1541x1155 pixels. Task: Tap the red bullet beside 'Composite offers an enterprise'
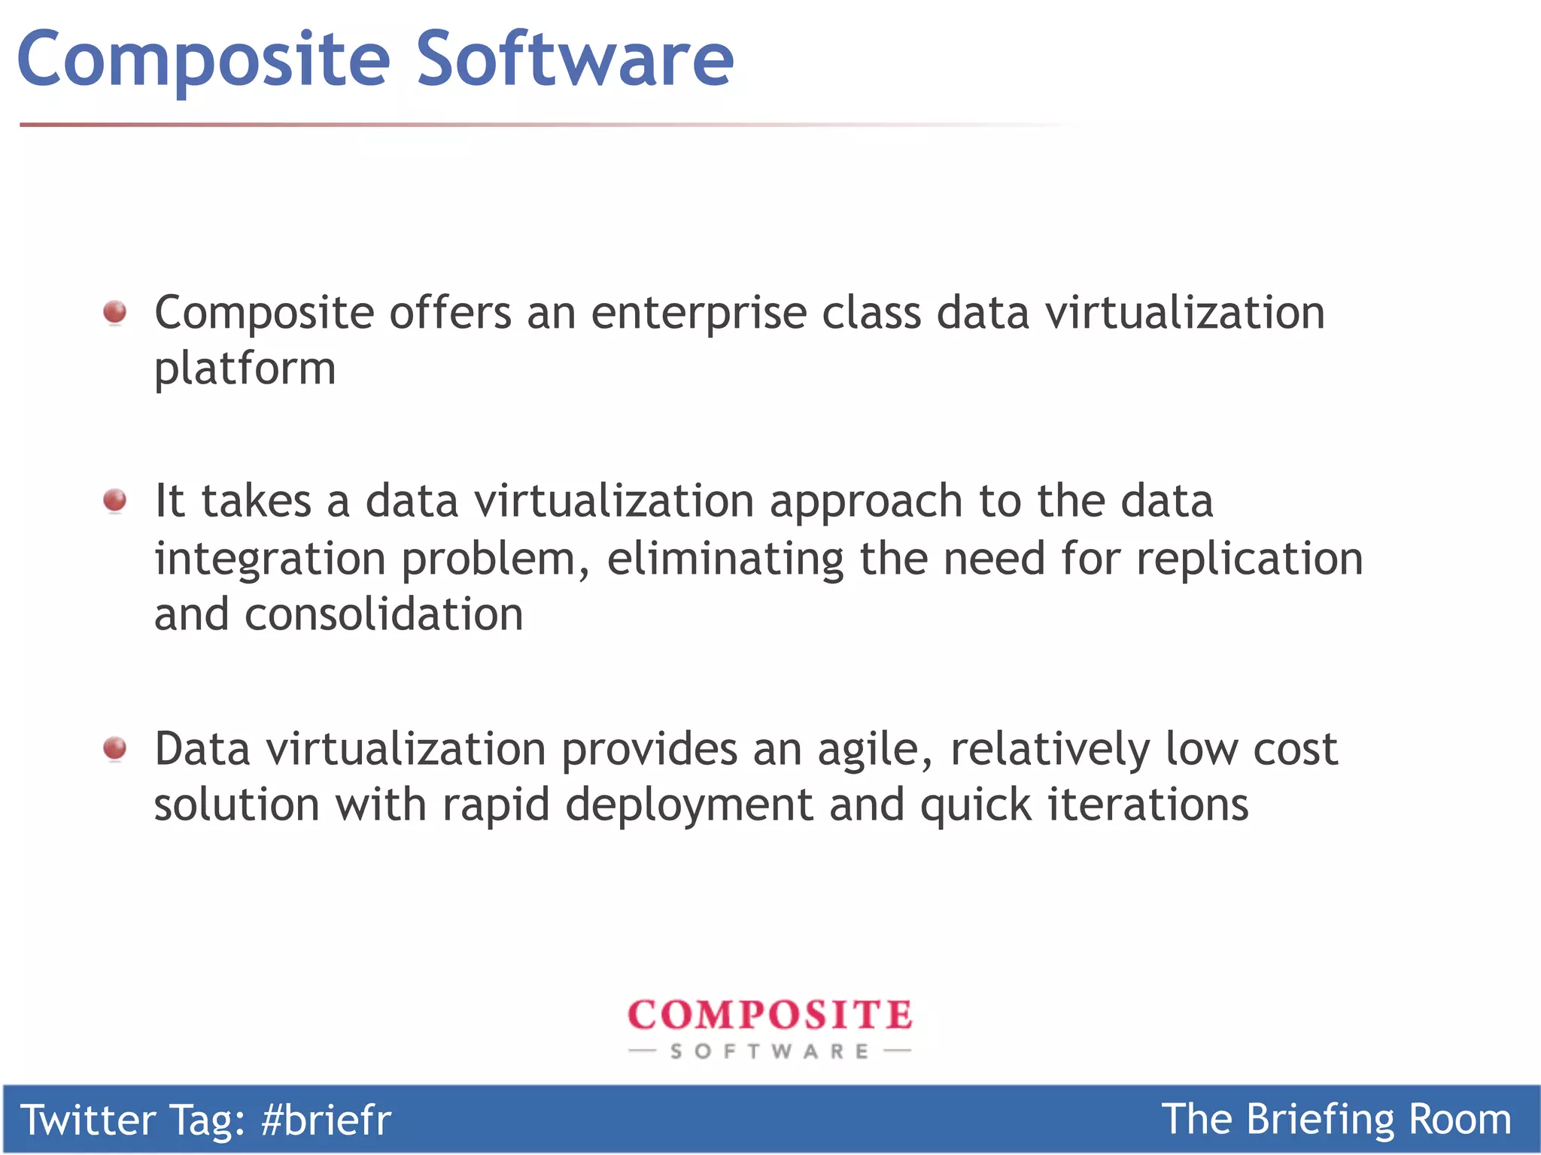[x=115, y=312]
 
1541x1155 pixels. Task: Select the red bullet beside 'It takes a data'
[x=115, y=500]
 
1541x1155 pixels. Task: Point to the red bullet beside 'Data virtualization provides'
[x=115, y=748]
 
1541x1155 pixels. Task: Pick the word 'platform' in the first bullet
[x=245, y=370]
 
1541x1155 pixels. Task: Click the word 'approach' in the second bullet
[x=865, y=502]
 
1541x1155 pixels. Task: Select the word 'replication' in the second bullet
[x=1249, y=559]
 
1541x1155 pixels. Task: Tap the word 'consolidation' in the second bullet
[x=384, y=614]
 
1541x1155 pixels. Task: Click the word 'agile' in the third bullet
[x=874, y=750]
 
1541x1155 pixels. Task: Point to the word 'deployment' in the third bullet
[x=688, y=806]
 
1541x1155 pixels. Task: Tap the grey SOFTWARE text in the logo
[x=770, y=1051]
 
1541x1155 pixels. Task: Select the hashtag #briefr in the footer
[x=326, y=1120]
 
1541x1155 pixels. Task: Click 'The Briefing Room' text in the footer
[x=1336, y=1120]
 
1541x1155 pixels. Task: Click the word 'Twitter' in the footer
[x=87, y=1120]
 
